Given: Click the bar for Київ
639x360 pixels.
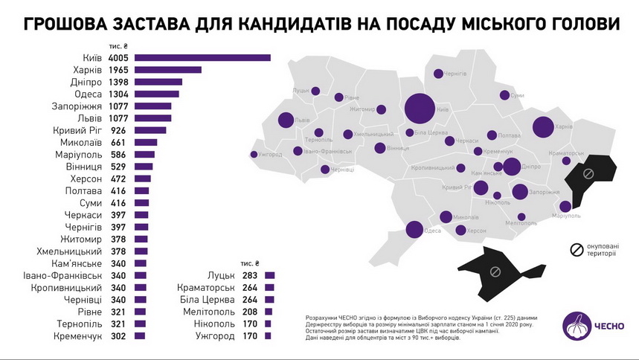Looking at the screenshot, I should tap(202, 57).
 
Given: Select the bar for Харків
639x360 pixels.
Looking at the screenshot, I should tap(167, 70).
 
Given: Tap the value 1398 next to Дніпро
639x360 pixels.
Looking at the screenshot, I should tap(119, 82).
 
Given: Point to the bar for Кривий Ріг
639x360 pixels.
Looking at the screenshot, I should tap(150, 130).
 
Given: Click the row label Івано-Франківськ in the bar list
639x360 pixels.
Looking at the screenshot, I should tap(63, 275).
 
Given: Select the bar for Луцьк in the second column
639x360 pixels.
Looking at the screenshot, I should tap(269, 275).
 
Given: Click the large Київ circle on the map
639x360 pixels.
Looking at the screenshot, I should tap(420, 109).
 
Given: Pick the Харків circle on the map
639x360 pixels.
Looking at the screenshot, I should tap(543, 128).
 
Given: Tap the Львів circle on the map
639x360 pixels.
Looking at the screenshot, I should tap(286, 120).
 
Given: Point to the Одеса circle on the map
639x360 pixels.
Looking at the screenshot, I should tap(414, 230).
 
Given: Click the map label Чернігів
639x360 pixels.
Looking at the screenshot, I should tap(455, 74).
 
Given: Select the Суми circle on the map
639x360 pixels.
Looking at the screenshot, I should tap(505, 95).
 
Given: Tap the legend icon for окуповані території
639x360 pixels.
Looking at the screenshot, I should tap(576, 250).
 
